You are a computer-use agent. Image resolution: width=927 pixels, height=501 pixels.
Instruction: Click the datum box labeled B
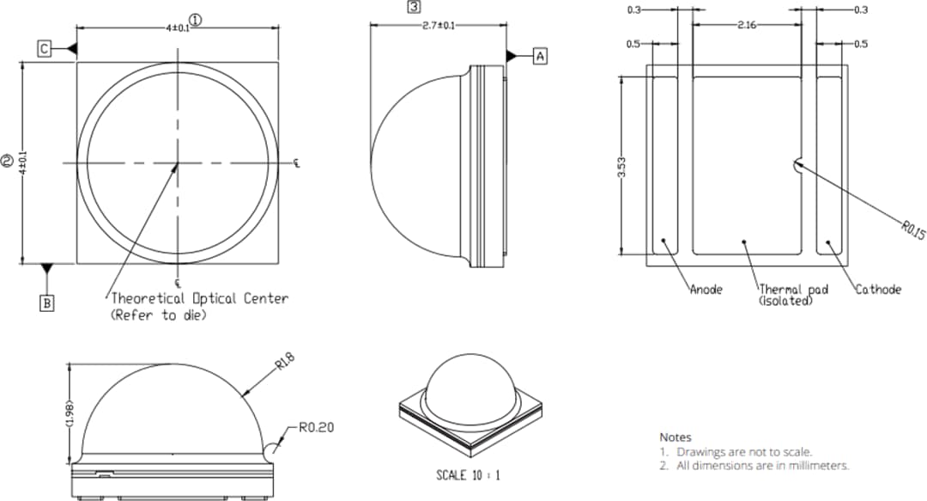point(47,302)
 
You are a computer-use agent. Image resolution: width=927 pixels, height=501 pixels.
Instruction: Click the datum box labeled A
point(540,56)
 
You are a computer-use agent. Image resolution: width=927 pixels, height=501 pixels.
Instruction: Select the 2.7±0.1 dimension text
point(439,26)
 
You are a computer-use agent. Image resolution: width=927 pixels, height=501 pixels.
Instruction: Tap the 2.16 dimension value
point(745,26)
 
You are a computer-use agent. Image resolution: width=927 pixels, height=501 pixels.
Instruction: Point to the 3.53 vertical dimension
point(621,167)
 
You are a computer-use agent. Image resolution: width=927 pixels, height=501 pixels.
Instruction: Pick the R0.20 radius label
point(316,427)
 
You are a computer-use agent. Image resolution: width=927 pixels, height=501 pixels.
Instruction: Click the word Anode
point(706,290)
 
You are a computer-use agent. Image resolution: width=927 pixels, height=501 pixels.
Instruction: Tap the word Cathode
point(877,290)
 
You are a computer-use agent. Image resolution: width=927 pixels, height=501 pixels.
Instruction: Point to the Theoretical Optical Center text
point(199,298)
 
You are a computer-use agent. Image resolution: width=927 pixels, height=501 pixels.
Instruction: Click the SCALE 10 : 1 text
point(468,475)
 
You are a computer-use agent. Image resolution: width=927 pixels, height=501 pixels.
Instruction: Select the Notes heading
point(675,437)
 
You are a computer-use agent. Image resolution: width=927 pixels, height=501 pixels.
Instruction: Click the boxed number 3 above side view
point(414,7)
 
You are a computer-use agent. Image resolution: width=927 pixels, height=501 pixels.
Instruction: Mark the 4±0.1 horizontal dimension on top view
point(178,27)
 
